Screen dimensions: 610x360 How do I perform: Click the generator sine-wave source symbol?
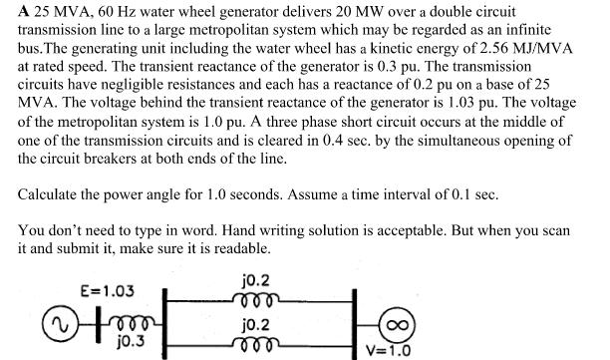point(40,323)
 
